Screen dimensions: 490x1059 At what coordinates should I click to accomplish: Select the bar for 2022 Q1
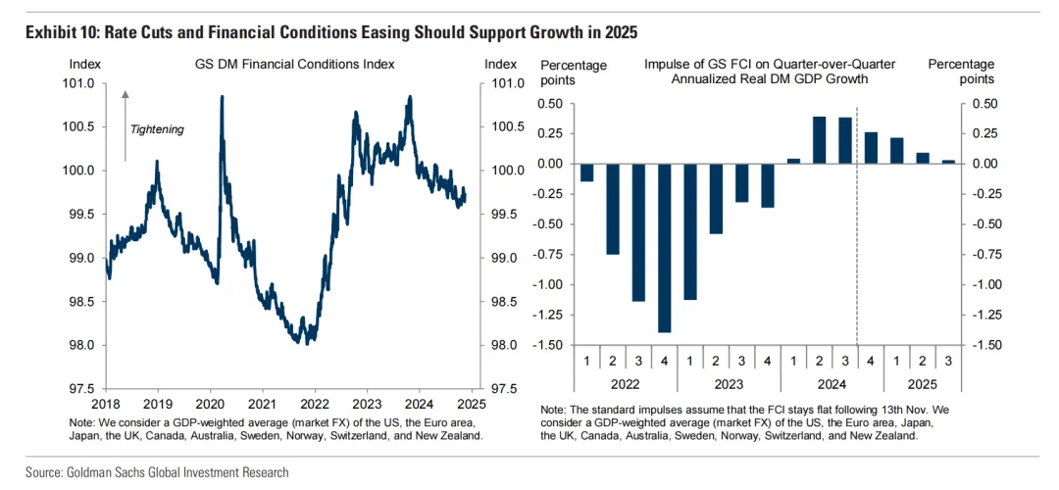[587, 172]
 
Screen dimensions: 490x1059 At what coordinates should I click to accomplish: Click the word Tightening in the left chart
[157, 129]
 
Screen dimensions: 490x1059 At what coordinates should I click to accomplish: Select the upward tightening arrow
[126, 124]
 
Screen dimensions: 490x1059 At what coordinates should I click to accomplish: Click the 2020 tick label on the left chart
[211, 403]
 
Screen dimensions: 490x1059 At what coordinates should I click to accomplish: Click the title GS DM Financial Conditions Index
[295, 65]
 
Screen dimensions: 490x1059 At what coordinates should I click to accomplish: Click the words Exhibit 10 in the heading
[60, 33]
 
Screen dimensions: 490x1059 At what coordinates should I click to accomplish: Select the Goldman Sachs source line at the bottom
[158, 472]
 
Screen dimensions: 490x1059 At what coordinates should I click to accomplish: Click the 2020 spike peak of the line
[222, 97]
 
